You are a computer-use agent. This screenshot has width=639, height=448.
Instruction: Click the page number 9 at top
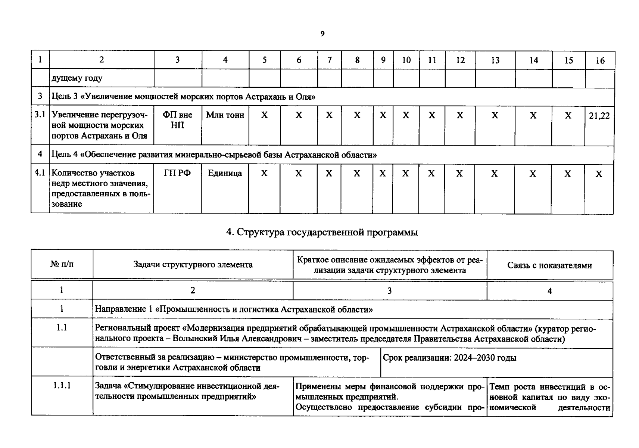[322, 34]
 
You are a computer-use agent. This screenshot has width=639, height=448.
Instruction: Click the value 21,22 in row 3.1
[599, 116]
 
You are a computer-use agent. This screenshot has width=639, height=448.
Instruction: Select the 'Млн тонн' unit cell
[225, 115]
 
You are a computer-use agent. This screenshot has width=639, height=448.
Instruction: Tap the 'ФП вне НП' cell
[177, 120]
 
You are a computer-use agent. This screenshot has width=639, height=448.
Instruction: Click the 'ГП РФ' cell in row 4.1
[177, 173]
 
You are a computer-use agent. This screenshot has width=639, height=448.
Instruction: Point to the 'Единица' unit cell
[225, 173]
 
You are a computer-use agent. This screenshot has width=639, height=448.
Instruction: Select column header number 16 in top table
[600, 60]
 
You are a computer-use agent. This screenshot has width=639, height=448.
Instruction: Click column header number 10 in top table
[406, 60]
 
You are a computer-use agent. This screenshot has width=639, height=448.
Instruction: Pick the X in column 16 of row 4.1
[599, 174]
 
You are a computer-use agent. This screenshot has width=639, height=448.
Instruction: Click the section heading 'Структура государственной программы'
[322, 232]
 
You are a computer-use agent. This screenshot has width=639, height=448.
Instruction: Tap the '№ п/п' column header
[62, 264]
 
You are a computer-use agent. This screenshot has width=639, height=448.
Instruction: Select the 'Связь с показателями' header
[549, 265]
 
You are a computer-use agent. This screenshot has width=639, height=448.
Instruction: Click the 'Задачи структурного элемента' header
[193, 265]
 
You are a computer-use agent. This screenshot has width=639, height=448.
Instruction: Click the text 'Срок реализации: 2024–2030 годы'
[449, 358]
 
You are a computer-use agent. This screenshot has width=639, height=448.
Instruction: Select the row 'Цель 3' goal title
[183, 97]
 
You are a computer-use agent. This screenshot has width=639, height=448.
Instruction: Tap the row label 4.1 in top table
[40, 173]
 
